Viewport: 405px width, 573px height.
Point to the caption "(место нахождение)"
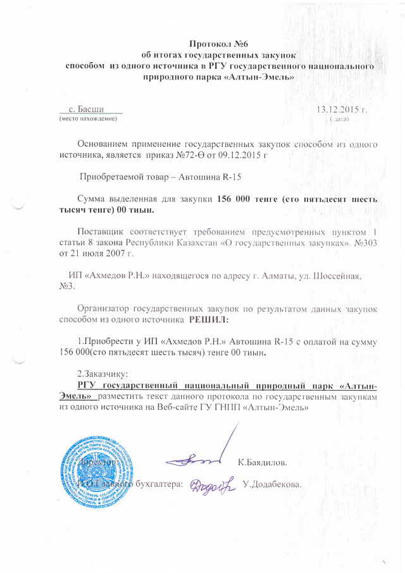tap(88, 119)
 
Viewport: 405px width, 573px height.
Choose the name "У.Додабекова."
tap(271, 486)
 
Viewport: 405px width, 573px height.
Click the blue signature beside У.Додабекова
tap(212, 485)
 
